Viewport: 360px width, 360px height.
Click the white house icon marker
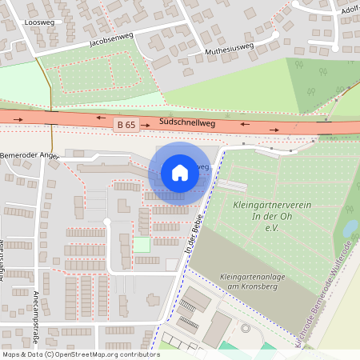(180, 173)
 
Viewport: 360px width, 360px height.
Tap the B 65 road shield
(126, 124)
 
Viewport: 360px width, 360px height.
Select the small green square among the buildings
(142, 245)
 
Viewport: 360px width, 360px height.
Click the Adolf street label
(350, 10)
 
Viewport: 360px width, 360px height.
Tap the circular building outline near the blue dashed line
(246, 328)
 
